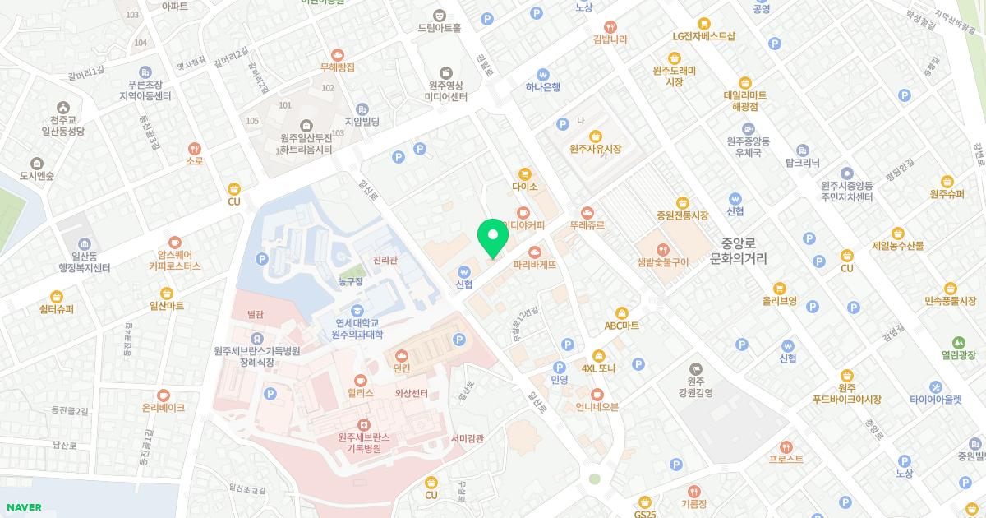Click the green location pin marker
pyautogui.click(x=493, y=238)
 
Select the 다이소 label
pyautogui.click(x=524, y=187)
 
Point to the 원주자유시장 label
pyautogui.click(x=595, y=149)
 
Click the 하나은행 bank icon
pyautogui.click(x=542, y=74)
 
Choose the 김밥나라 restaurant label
pyautogui.click(x=610, y=39)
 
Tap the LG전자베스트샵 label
pyautogui.click(x=703, y=36)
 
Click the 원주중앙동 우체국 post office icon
pyautogui.click(x=748, y=129)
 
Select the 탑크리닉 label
pyautogui.click(x=803, y=163)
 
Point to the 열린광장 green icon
pyautogui.click(x=958, y=343)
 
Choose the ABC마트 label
pyautogui.click(x=622, y=326)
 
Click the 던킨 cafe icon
pyautogui.click(x=402, y=355)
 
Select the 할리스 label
pyautogui.click(x=360, y=393)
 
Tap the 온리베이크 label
pyautogui.click(x=164, y=408)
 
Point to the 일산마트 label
pyautogui.click(x=166, y=306)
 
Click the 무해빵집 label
pyautogui.click(x=338, y=67)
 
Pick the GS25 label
pyautogui.click(x=645, y=514)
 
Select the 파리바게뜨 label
pyautogui.click(x=535, y=265)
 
